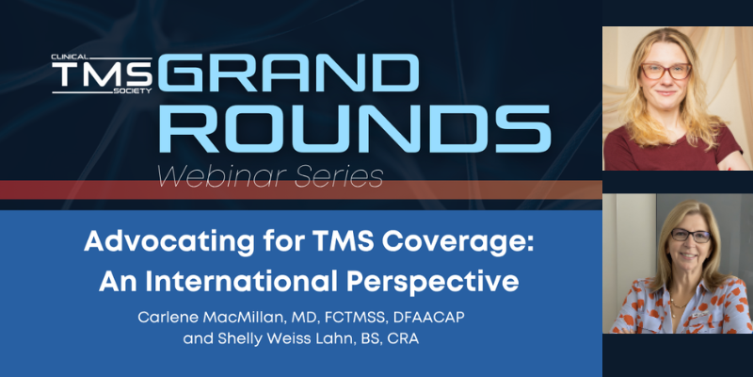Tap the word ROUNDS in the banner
click(355, 129)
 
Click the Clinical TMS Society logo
click(102, 74)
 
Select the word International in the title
click(241, 282)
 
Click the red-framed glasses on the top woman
click(666, 72)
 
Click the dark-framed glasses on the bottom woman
click(691, 236)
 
